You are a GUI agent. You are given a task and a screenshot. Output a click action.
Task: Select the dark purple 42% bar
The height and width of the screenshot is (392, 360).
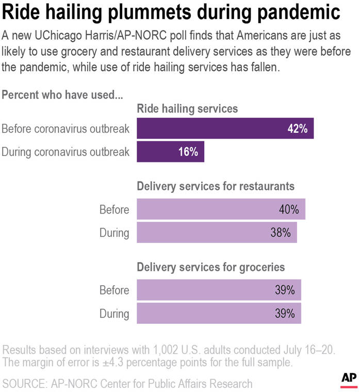click(x=225, y=128)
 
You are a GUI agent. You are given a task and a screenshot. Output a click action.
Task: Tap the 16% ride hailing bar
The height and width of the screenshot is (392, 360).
click(x=170, y=152)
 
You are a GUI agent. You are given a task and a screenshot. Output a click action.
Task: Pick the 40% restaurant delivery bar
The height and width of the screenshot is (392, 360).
click(x=221, y=209)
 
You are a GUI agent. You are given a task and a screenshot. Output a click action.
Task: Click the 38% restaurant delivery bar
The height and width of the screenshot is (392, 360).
click(x=217, y=233)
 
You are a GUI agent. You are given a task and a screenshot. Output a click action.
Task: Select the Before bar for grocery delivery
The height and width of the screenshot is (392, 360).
click(x=219, y=290)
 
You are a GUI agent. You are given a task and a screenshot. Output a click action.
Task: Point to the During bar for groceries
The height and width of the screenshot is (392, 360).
click(x=219, y=313)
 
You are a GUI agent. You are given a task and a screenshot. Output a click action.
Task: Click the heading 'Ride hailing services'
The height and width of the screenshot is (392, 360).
click(x=187, y=109)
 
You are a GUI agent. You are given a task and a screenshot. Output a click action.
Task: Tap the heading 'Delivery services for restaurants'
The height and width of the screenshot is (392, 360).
click(x=216, y=186)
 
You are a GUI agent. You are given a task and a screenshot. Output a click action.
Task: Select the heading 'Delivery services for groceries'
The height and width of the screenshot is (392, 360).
click(x=210, y=267)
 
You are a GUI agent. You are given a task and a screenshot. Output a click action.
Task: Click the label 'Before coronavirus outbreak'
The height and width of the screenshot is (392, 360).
click(x=66, y=129)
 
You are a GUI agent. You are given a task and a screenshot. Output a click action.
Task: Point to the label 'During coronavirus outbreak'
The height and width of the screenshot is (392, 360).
click(x=66, y=152)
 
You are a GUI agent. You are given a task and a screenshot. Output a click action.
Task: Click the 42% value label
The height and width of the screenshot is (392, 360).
click(x=298, y=129)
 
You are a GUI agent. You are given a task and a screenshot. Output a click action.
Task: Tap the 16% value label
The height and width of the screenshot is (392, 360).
click(x=188, y=152)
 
